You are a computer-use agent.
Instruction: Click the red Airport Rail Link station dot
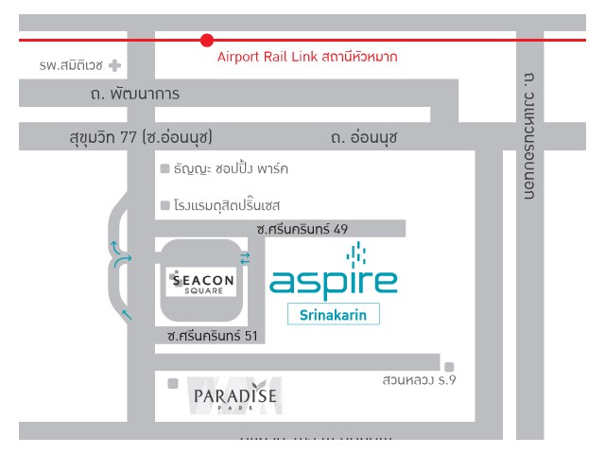pyautogui.click(x=207, y=40)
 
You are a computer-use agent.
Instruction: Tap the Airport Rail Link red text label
pyautogui.click(x=307, y=57)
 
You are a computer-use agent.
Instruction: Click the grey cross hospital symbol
pyautogui.click(x=114, y=66)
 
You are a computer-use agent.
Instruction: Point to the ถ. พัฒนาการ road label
pyautogui.click(x=135, y=94)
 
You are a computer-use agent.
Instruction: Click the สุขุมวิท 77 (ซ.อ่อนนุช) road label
pyautogui.click(x=141, y=137)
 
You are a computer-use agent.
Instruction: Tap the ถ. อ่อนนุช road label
pyautogui.click(x=364, y=137)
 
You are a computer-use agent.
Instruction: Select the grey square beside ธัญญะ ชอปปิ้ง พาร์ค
pyautogui.click(x=165, y=169)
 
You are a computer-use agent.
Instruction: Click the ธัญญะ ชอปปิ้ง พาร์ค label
pyautogui.click(x=232, y=168)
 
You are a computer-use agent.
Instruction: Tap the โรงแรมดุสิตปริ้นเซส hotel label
pyautogui.click(x=228, y=204)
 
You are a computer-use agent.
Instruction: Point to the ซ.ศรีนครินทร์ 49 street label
pyautogui.click(x=302, y=229)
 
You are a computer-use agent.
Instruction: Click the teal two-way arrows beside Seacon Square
pyautogui.click(x=246, y=258)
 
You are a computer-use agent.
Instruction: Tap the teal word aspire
pyautogui.click(x=334, y=282)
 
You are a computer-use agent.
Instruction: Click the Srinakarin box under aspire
pyautogui.click(x=334, y=313)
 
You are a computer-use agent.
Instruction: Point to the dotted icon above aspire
pyautogui.click(x=356, y=253)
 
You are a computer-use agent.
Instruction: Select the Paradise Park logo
pyautogui.click(x=234, y=396)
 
